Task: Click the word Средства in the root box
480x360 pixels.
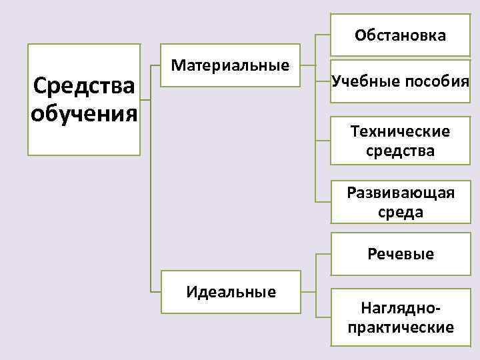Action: point(83,86)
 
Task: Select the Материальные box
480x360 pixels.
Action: point(231,66)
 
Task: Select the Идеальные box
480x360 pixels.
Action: point(231,292)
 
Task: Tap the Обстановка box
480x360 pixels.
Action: point(401,35)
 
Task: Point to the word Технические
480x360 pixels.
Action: point(401,131)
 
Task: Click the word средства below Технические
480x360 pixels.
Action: point(401,151)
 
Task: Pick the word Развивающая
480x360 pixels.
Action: point(401,193)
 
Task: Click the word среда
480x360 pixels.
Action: point(401,212)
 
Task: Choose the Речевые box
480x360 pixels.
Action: point(401,254)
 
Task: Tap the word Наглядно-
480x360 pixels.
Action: point(401,309)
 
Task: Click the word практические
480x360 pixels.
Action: point(401,327)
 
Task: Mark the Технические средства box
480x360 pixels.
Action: point(401,141)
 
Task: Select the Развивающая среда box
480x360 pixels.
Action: point(401,203)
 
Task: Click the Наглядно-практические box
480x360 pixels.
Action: point(401,317)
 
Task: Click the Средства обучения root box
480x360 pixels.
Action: point(84,99)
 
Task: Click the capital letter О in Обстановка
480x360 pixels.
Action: point(360,35)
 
